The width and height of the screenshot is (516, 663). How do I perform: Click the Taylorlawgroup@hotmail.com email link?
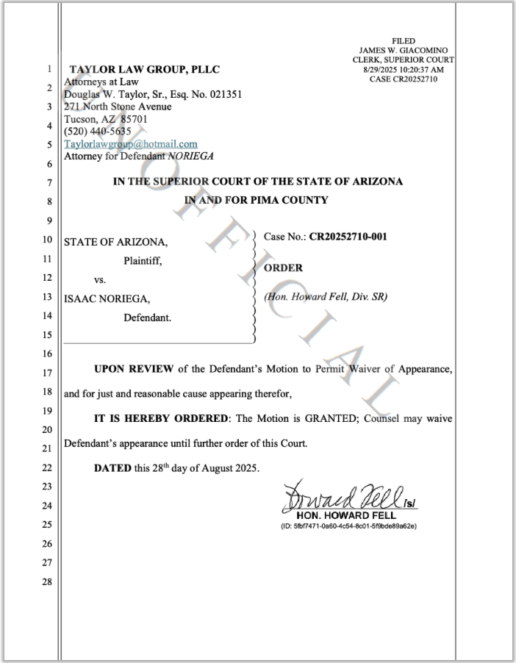point(131,144)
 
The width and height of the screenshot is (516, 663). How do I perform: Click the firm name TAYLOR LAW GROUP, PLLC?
point(143,70)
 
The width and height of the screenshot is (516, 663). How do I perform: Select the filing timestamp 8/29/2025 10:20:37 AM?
point(404,69)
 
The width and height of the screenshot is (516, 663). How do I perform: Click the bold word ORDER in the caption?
point(283,268)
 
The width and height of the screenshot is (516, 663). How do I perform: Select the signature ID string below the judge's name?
point(350,526)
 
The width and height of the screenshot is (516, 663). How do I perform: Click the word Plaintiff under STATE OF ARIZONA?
point(148,259)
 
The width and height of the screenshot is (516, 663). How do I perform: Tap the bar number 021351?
point(224,94)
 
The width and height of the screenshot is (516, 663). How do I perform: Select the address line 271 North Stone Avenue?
point(118,107)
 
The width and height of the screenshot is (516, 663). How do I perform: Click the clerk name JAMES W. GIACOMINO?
point(404,50)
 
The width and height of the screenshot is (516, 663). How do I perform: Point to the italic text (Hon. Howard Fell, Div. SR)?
point(325,298)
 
